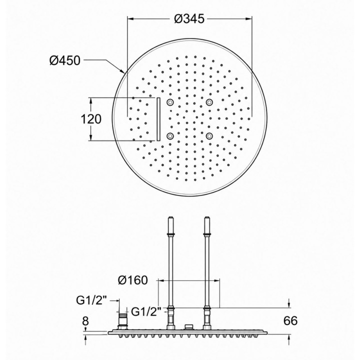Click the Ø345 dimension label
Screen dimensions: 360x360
(189, 18)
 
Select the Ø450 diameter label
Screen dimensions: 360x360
(65, 60)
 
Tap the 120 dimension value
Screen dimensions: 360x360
(91, 119)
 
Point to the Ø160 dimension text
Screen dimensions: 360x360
(132, 280)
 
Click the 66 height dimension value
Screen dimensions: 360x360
(290, 320)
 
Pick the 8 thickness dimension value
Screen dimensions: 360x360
(85, 320)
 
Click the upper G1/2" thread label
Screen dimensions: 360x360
(92, 300)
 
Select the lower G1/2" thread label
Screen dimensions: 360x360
(146, 311)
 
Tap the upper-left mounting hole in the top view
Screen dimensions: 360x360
(170, 102)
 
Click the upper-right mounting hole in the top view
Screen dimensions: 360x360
(209, 102)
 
